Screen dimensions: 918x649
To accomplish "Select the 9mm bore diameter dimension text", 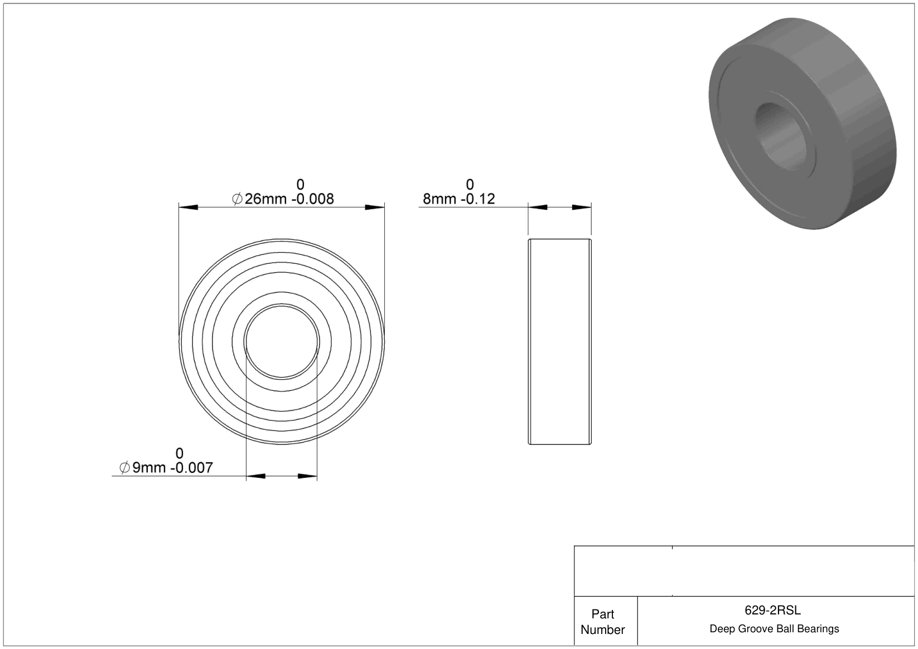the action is tap(149, 468).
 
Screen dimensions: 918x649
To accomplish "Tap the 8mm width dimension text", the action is tap(439, 199).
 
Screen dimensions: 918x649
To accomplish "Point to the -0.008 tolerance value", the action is tap(313, 199).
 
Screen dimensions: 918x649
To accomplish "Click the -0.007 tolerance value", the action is tap(192, 468).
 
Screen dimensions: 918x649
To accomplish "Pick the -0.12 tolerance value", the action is tap(478, 199).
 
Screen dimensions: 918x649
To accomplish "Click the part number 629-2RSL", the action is tap(772, 611).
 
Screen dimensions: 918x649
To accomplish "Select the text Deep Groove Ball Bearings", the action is tap(774, 629).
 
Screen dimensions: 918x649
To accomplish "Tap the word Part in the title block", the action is tap(602, 614).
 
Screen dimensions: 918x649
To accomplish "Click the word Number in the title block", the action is tap(602, 629).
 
